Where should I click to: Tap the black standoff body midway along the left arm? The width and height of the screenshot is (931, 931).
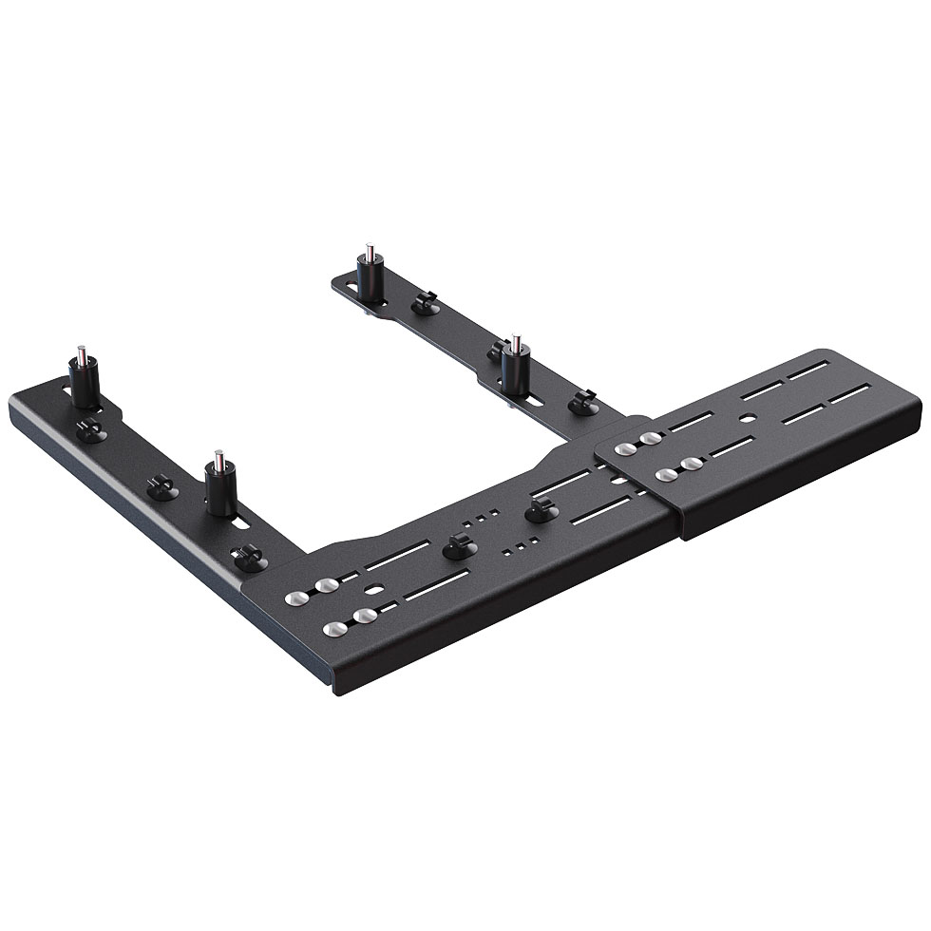[220, 490]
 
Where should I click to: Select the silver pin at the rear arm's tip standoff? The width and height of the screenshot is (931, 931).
[368, 253]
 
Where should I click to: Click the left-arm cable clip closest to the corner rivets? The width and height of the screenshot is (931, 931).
[249, 556]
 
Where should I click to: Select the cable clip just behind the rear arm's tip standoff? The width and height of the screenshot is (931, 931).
[423, 302]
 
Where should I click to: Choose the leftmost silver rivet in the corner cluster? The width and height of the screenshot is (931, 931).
[296, 598]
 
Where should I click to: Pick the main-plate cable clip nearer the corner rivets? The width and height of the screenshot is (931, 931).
[459, 548]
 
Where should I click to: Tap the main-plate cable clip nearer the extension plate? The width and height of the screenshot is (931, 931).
[540, 512]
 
